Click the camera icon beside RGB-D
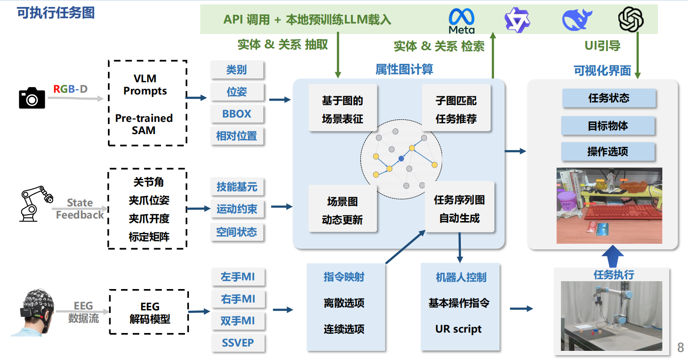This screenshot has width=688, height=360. click(x=32, y=98)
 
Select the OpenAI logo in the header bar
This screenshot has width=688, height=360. click(x=631, y=20)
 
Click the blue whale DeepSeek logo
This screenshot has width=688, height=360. click(x=576, y=20)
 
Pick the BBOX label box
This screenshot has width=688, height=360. click(x=237, y=114)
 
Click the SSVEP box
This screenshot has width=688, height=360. click(x=238, y=343)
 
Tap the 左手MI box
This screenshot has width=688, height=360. click(x=238, y=277)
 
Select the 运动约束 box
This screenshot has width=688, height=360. click(x=237, y=209)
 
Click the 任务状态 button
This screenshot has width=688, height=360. click(x=608, y=98)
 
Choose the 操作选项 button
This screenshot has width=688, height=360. click(x=607, y=151)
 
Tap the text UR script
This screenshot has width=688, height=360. click(x=458, y=329)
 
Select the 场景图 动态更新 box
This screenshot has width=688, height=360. click(x=342, y=210)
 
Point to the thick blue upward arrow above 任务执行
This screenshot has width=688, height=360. click(x=613, y=256)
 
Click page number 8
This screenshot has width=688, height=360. click(x=680, y=347)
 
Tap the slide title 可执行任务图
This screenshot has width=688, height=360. click(x=56, y=13)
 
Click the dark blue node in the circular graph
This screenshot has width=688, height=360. click(x=401, y=159)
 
